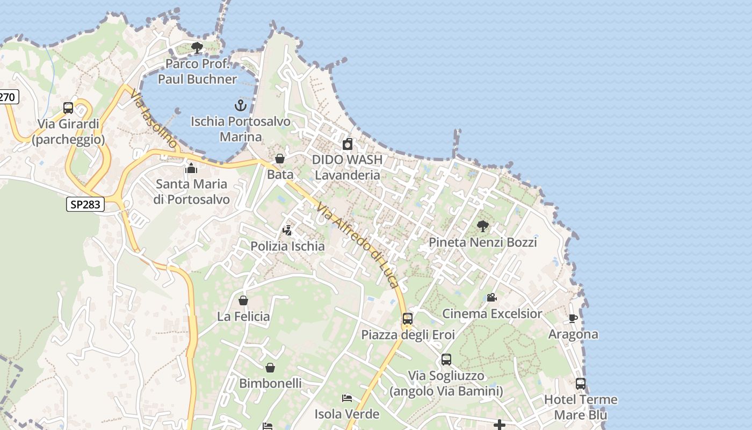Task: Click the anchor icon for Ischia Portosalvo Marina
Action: (240, 105)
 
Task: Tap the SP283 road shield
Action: (85, 204)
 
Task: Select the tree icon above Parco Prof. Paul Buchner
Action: (197, 48)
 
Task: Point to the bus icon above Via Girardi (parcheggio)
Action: (68, 107)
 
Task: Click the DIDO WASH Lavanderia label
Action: (347, 167)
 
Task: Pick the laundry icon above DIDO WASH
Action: (348, 144)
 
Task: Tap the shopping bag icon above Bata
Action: (279, 159)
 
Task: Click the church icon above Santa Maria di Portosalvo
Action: (191, 168)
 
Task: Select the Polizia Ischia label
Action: (287, 246)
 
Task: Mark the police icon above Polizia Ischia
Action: (287, 231)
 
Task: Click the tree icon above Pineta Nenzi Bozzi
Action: (482, 226)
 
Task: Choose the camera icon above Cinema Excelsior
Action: (491, 297)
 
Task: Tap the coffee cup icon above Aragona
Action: (573, 318)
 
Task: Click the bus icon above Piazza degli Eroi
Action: (408, 319)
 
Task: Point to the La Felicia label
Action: (243, 317)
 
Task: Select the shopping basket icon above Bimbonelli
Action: (270, 368)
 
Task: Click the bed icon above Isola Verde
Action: (347, 398)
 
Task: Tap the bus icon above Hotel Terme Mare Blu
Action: (581, 384)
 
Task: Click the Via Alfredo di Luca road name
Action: (358, 245)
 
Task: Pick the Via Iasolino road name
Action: (153, 119)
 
